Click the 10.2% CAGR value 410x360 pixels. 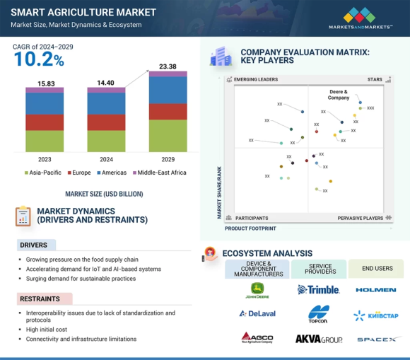pos(39,60)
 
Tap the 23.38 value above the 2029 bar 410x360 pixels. pos(168,66)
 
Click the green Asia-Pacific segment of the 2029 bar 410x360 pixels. pos(168,136)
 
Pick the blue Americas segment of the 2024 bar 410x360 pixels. pos(107,103)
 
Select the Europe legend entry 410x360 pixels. pos(80,173)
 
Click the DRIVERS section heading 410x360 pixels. pos(33,245)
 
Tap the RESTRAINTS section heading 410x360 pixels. pos(40,299)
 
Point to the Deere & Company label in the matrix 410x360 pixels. pos(339,95)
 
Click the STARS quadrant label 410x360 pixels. pos(374,79)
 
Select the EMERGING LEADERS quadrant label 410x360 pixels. pos(255,79)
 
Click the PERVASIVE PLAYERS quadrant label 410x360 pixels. pos(360,218)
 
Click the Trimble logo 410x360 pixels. pos(318,289)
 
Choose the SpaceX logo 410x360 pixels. pos(376,339)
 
